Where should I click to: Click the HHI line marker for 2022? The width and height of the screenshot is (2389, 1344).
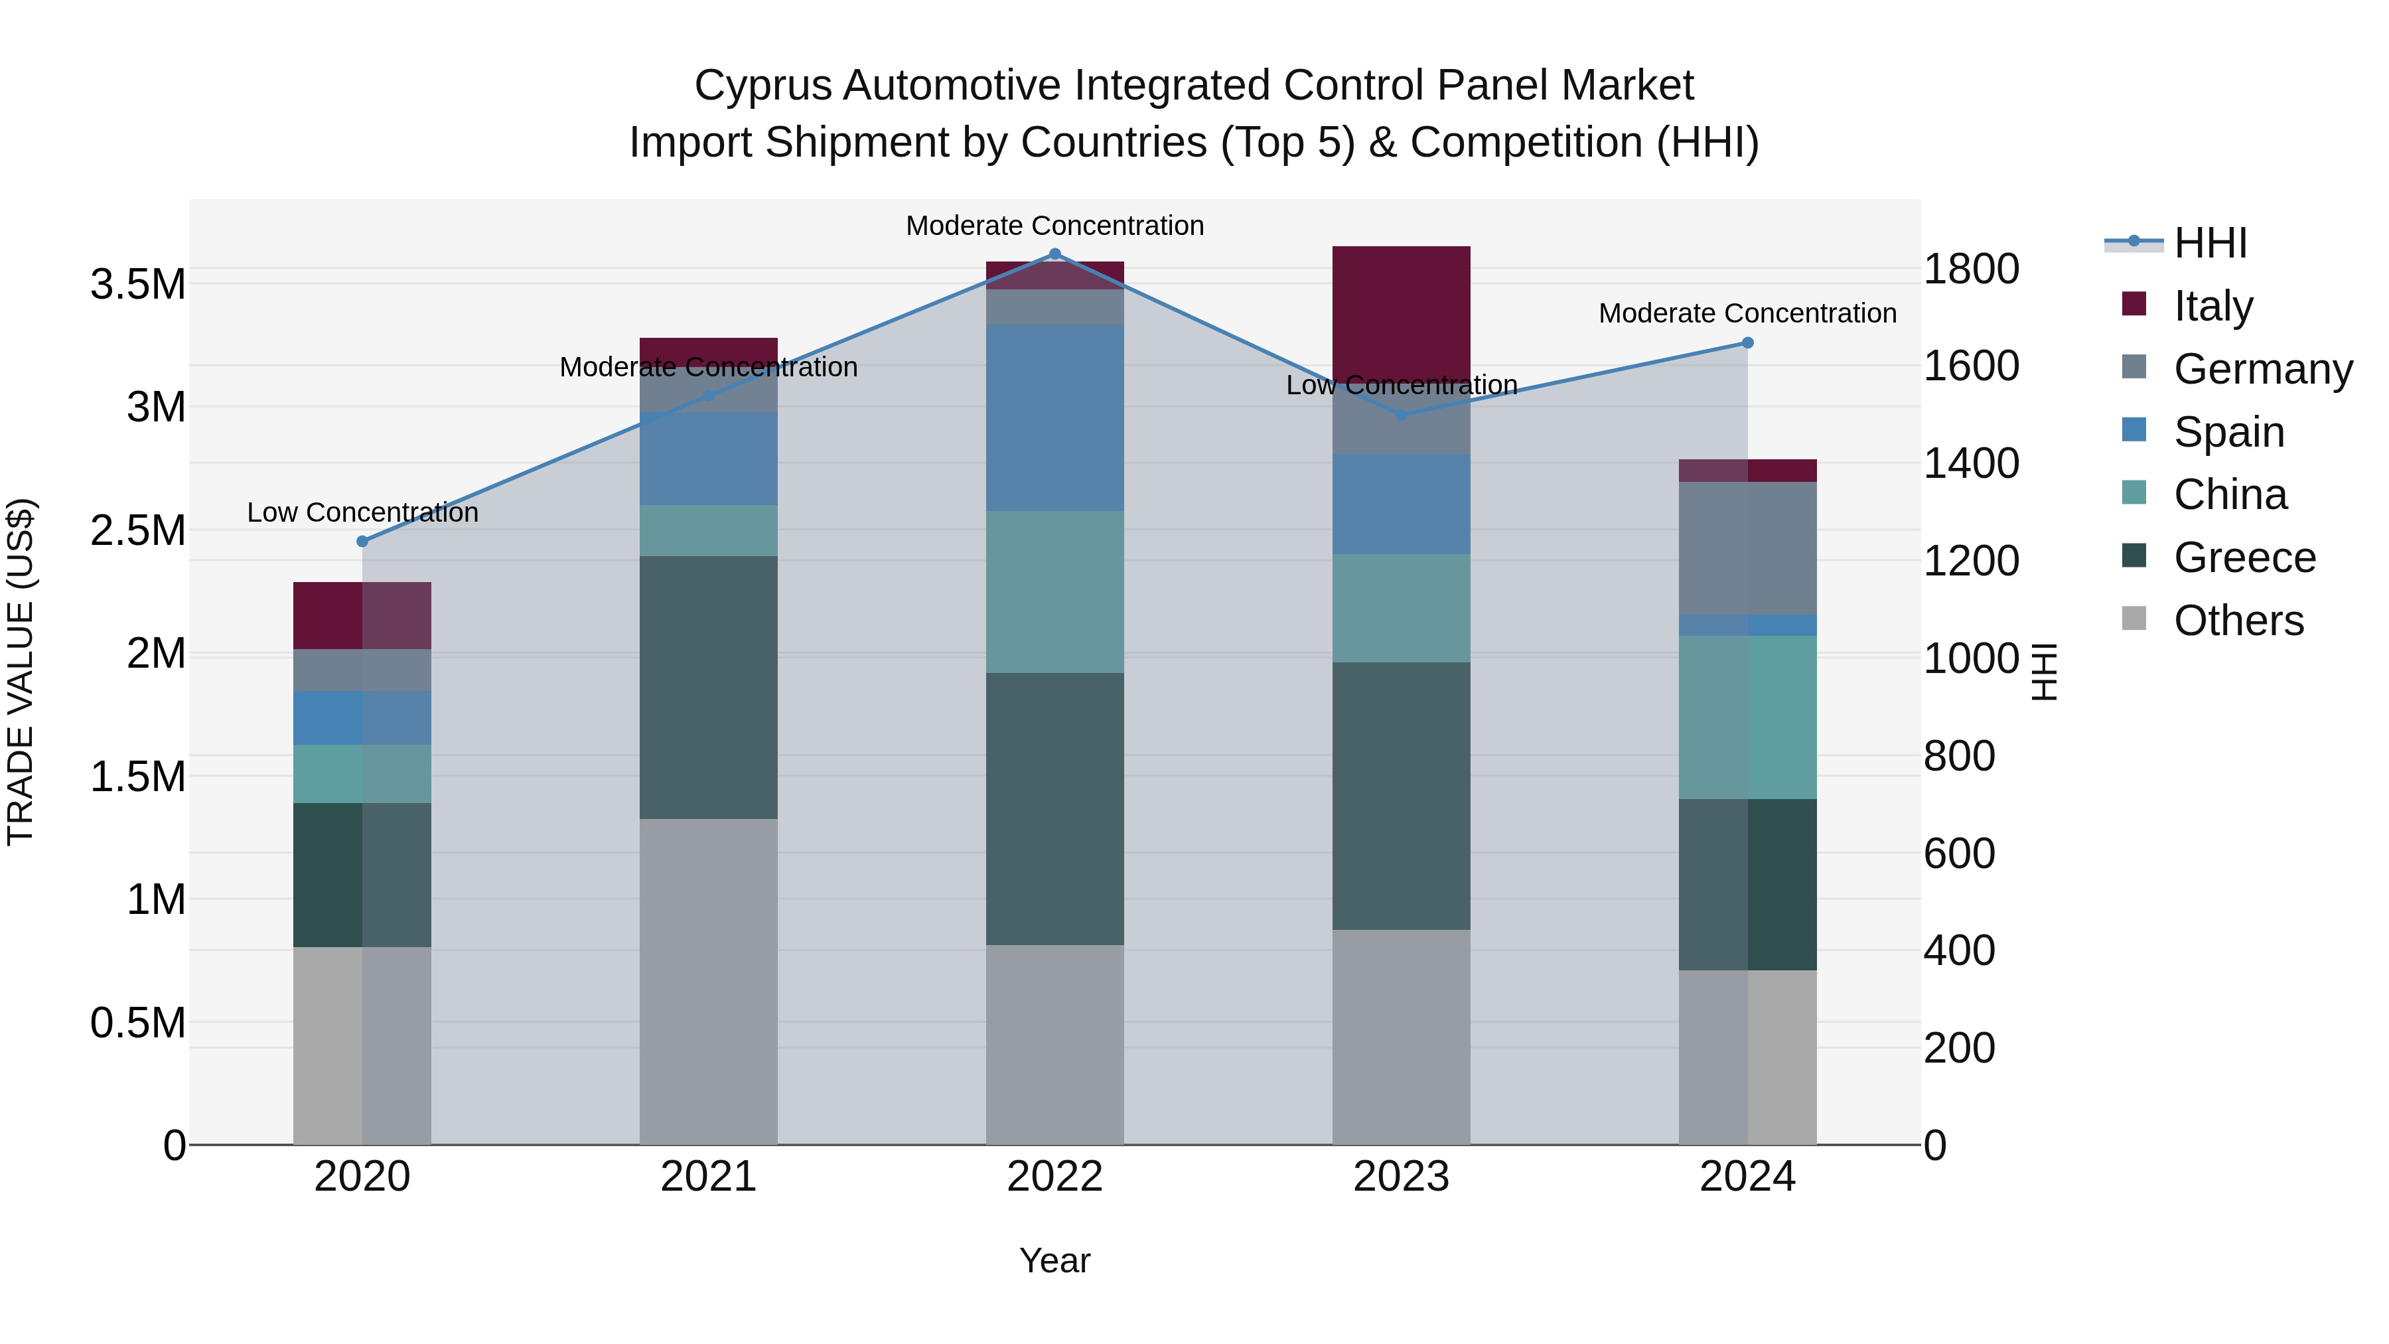1054,254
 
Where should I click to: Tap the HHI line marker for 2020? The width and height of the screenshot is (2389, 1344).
362,542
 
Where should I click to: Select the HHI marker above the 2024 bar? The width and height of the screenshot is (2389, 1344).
1747,343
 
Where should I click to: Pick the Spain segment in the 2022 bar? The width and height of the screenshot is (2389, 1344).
1054,417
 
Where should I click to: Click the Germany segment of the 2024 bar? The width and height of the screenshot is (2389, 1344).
1747,548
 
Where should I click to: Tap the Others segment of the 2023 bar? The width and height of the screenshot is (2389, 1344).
1400,1036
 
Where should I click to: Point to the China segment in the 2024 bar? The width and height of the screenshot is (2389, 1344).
1747,717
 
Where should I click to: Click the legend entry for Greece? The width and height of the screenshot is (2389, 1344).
2244,558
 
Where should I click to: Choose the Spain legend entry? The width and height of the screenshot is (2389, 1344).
2228,432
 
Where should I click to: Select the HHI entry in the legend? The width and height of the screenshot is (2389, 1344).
2210,243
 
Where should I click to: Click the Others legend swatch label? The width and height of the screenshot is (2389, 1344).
2238,621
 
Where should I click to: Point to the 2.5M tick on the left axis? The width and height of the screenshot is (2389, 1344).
138,530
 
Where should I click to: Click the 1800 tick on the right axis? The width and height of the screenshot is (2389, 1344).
1971,269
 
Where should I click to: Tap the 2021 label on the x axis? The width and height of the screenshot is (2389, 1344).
709,1177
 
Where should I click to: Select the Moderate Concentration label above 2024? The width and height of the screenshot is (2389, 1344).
1747,313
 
